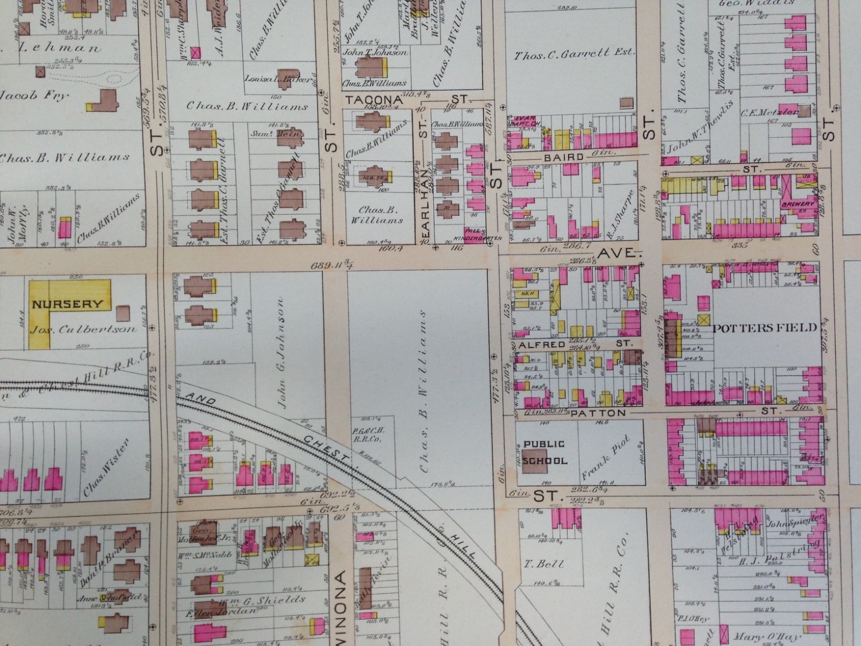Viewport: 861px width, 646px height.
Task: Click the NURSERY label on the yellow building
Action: [67, 304]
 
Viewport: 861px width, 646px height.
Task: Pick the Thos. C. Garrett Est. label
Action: [575, 53]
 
